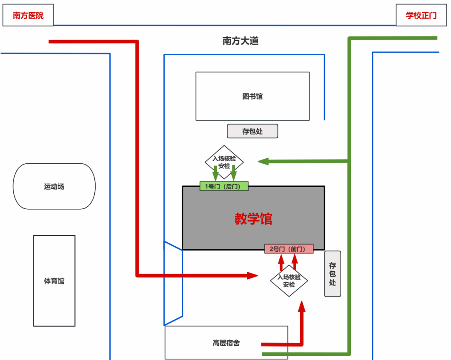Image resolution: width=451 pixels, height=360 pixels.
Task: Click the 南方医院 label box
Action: coord(28,15)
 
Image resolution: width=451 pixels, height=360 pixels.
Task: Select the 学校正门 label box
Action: coord(421,15)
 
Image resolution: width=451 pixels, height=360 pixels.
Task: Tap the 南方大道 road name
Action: coord(240,41)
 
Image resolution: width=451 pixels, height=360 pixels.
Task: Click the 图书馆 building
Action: coord(253,96)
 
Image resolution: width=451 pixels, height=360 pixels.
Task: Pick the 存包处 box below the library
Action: coord(252,131)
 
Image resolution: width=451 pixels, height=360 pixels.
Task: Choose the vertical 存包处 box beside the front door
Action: coord(332,274)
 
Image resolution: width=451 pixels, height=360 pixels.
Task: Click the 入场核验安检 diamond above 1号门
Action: coord(224,160)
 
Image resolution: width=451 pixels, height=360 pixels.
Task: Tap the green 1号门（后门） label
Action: coord(224,186)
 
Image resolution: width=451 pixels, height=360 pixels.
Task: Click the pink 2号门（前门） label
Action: coord(289,248)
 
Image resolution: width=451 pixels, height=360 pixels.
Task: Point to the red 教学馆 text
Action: coord(253,218)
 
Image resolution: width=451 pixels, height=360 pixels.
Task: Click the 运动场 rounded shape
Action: coord(54,186)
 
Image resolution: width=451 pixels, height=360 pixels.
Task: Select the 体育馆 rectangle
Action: coord(54,281)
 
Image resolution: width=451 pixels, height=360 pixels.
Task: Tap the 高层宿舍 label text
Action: coord(226,343)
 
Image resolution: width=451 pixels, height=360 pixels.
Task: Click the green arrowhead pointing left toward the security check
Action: coord(264,161)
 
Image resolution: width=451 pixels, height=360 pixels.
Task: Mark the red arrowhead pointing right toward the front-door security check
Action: coord(252,275)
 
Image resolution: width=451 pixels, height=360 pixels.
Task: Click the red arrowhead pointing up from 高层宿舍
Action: coord(302,307)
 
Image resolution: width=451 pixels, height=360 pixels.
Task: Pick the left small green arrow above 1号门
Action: coord(215,172)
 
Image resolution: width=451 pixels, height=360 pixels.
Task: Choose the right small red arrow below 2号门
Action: coord(295,261)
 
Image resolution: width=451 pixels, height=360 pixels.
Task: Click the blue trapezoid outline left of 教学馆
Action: coord(173,283)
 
